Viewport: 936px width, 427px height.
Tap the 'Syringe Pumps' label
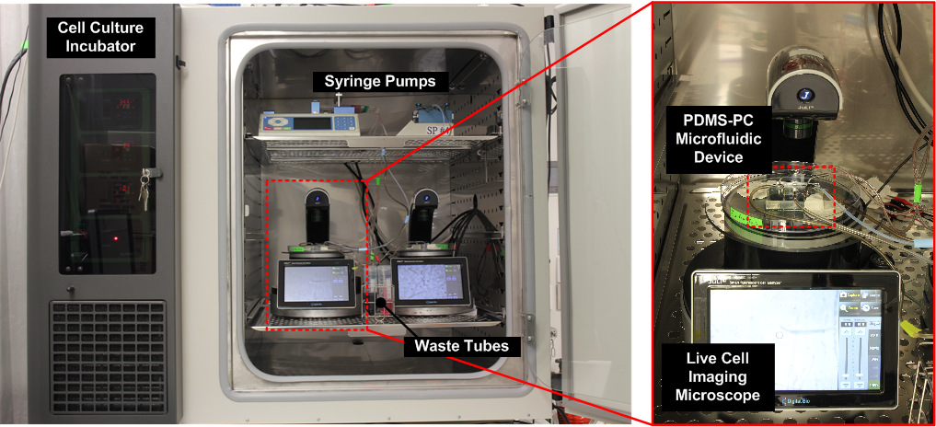(379, 81)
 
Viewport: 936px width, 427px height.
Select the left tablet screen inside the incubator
(316, 281)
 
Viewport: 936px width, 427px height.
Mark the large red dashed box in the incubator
(315, 253)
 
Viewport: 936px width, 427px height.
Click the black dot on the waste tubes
(380, 299)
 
